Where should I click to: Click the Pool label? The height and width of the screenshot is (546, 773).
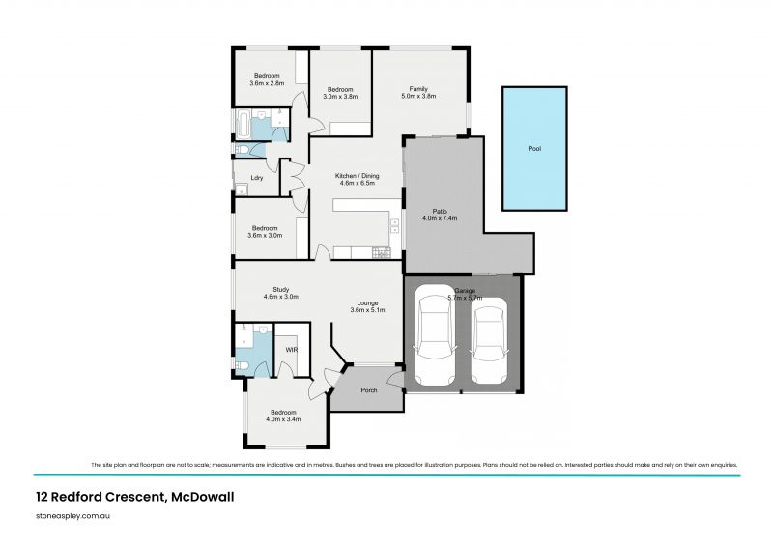pos(533,150)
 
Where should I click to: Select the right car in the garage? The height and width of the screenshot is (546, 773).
pos(490,341)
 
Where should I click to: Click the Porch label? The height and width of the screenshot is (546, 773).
pos(368,390)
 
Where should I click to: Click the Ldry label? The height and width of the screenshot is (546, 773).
pos(257,178)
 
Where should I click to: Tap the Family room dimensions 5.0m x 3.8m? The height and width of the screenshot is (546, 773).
pos(418,96)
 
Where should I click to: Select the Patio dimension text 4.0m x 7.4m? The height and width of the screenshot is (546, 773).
pos(440,218)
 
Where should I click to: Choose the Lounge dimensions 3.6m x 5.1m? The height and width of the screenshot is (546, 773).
pos(368,310)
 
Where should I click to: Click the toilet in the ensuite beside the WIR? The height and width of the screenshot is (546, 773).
pos(243,363)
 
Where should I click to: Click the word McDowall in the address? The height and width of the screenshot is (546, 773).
pos(203,497)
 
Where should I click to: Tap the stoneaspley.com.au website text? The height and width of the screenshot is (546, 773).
pos(72,517)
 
